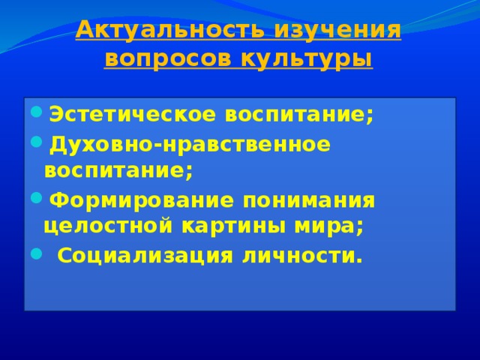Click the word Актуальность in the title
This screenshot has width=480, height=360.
(169, 31)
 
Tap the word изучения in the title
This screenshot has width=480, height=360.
(337, 31)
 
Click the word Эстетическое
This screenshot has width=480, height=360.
(133, 115)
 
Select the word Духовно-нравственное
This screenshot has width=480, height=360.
(190, 145)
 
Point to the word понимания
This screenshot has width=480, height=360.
(309, 201)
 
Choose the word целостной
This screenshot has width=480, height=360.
(108, 226)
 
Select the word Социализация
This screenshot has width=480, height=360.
(145, 256)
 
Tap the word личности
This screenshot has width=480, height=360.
(299, 256)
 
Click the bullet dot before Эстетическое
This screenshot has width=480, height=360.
(36, 112)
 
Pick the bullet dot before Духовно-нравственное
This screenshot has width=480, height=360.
(36, 142)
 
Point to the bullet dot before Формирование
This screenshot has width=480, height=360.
(36, 198)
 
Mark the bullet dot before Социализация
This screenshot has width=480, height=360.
(36, 253)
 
